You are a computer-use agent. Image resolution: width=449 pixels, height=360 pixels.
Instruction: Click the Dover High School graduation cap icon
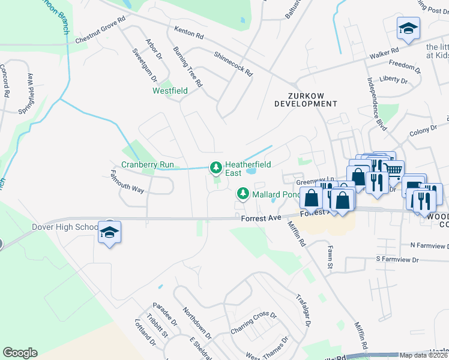click(109, 232)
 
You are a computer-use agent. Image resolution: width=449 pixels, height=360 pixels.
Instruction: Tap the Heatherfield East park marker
click(215, 167)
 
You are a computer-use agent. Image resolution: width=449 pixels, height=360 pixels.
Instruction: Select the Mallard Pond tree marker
click(243, 194)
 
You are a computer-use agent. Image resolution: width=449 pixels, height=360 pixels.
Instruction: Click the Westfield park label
click(170, 91)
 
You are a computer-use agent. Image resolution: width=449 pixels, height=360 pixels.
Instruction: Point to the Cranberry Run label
click(148, 164)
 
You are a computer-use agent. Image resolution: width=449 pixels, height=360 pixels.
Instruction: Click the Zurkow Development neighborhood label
click(306, 100)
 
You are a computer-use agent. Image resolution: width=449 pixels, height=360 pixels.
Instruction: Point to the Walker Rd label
click(384, 53)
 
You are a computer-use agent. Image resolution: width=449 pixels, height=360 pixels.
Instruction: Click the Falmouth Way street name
click(127, 181)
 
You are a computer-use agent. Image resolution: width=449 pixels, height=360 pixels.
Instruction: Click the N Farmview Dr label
click(429, 245)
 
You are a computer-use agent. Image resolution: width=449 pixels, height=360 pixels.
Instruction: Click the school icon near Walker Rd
click(408, 28)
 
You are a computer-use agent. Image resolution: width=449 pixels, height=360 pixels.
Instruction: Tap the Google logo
click(20, 353)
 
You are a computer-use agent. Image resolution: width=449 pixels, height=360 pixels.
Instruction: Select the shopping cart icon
click(393, 169)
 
